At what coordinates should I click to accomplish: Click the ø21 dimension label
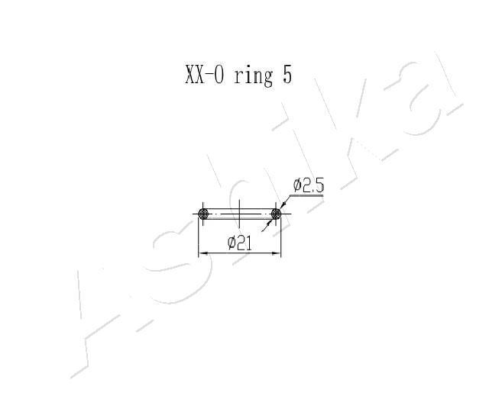pyautogui.click(x=239, y=243)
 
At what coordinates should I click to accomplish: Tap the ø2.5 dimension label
pyautogui.click(x=309, y=185)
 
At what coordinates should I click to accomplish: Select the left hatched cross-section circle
pyautogui.click(x=203, y=214)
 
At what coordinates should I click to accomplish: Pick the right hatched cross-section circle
pyautogui.click(x=276, y=214)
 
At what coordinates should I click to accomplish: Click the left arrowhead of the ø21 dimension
pyautogui.click(x=203, y=253)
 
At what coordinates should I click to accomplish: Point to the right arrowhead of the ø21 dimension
pyautogui.click(x=277, y=253)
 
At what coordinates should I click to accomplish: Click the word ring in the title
pyautogui.click(x=253, y=76)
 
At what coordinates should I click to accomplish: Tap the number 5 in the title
pyautogui.click(x=287, y=76)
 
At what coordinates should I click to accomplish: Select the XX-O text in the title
pyautogui.click(x=204, y=75)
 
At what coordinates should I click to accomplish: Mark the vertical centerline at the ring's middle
pyautogui.click(x=239, y=214)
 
